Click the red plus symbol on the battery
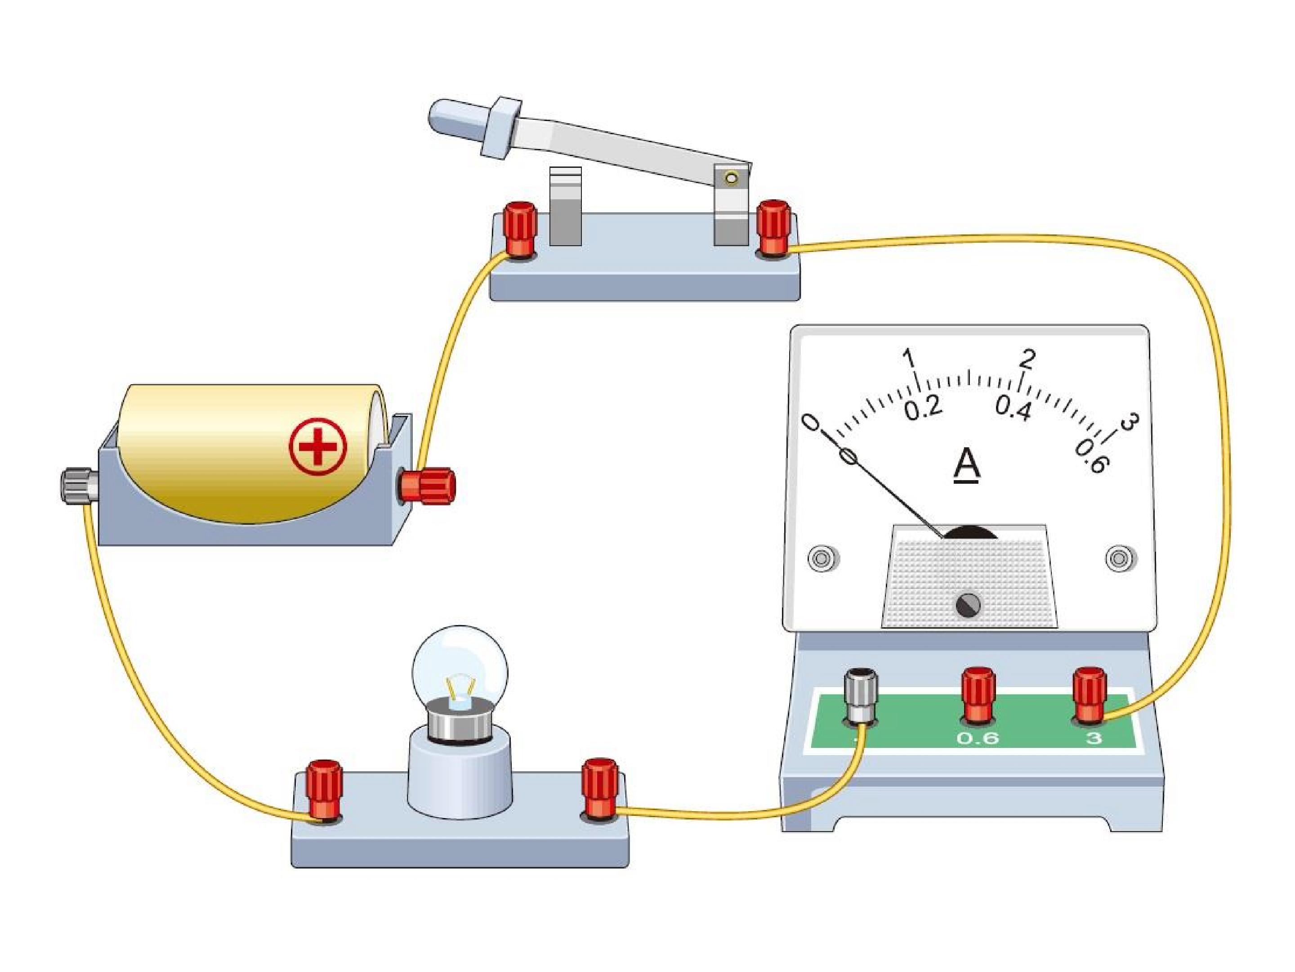[318, 447]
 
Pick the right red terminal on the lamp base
[599, 787]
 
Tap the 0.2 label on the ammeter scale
[923, 408]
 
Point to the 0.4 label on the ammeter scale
[1014, 408]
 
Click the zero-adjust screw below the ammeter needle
[967, 604]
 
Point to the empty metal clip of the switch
[566, 206]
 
